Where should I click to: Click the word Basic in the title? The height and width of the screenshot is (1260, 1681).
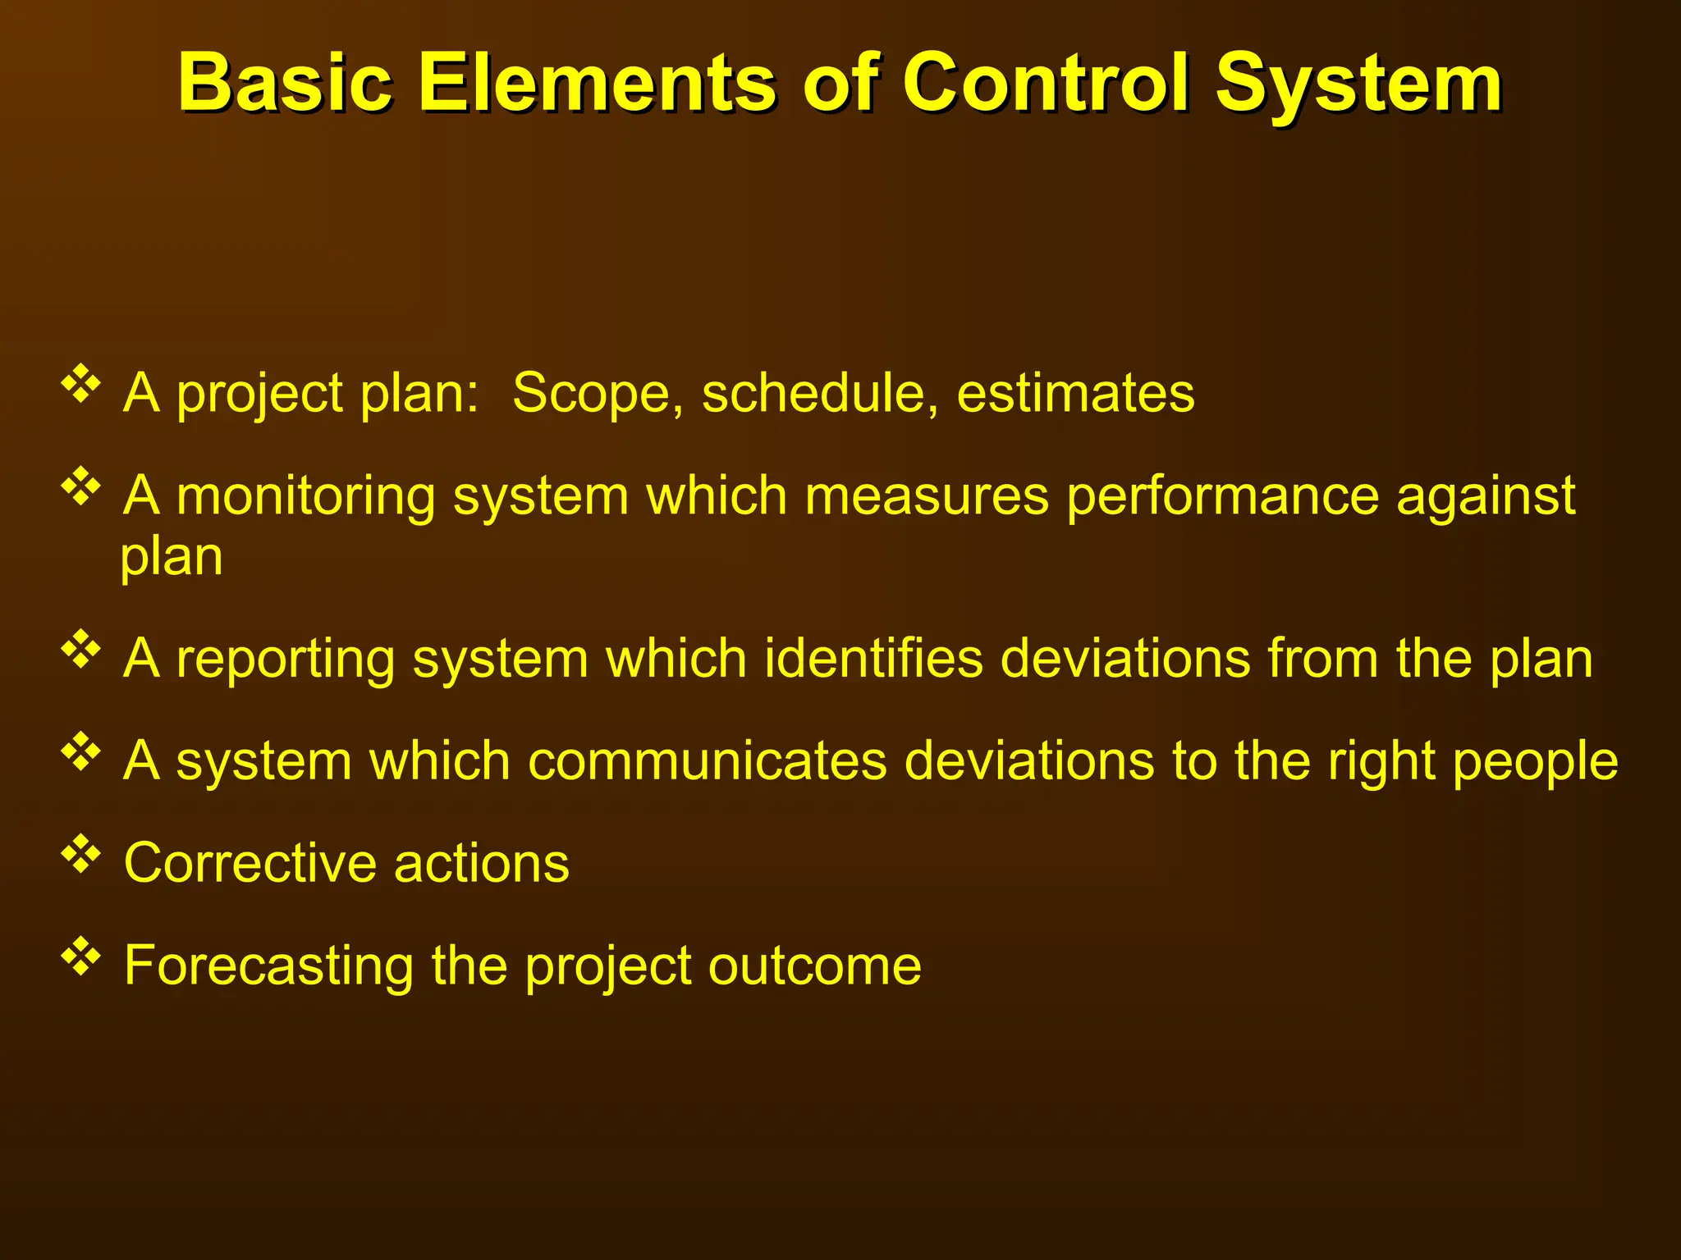coord(285,83)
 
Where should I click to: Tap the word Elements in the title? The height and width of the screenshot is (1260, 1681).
coord(597,83)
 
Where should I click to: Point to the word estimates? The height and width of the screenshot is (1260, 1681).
coord(1075,393)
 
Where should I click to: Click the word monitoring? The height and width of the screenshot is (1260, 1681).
coord(305,497)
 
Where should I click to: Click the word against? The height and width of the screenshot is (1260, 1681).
coord(1486,497)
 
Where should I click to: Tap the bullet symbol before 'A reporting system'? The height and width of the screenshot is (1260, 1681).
coord(80,650)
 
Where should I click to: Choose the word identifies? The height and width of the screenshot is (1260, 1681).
coord(873,659)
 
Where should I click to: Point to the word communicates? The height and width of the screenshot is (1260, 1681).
coord(708,760)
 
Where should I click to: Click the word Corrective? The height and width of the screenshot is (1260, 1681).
coord(251,863)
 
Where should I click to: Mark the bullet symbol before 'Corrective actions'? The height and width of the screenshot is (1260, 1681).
coord(80,854)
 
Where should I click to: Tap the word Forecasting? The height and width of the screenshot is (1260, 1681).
coord(268,966)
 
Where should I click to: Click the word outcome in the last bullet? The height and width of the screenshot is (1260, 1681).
coord(814,966)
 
